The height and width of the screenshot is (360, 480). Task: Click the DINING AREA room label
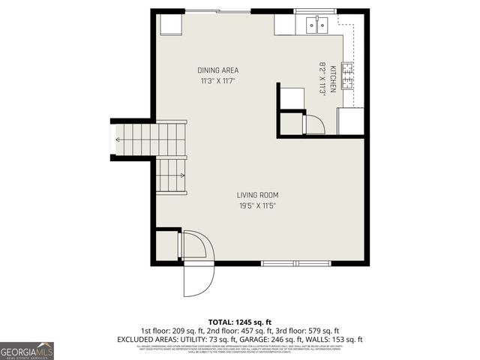click(x=218, y=70)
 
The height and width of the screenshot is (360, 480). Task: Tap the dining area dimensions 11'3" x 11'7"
click(x=218, y=80)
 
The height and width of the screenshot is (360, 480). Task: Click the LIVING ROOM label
click(x=258, y=195)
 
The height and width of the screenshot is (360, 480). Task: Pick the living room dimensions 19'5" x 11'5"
click(x=258, y=205)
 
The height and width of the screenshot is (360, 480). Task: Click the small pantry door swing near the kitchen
click(x=313, y=123)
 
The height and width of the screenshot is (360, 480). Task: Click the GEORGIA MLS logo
click(x=27, y=350)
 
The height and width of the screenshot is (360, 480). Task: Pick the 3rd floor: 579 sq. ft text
click(x=308, y=330)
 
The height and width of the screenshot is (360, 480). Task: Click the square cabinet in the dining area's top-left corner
click(x=171, y=25)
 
